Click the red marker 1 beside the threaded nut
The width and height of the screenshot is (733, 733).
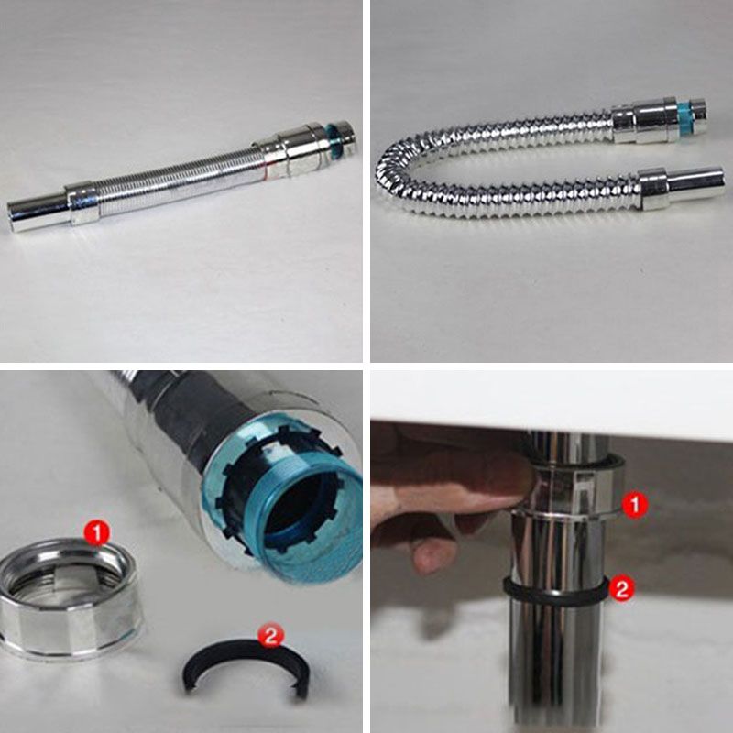(97, 534)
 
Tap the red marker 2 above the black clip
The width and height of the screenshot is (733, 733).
(271, 635)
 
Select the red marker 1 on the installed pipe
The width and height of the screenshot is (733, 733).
(635, 505)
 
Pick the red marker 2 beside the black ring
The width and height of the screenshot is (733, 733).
(621, 587)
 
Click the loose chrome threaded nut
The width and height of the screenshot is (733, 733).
(71, 599)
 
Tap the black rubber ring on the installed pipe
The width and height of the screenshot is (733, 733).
(556, 592)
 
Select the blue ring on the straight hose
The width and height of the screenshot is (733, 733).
(333, 139)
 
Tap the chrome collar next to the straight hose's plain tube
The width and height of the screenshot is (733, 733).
(82, 203)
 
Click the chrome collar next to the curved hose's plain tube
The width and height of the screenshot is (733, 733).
(652, 189)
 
